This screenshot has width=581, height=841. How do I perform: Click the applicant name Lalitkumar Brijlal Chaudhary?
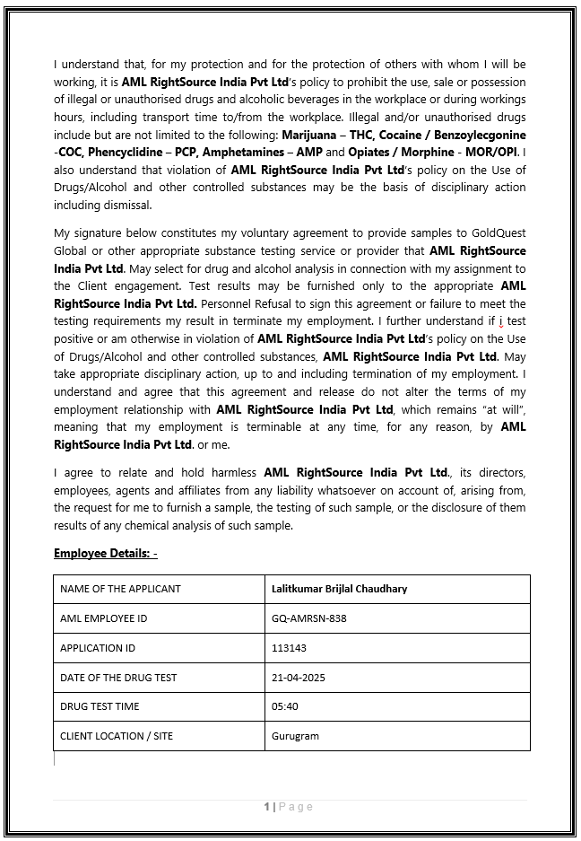339,589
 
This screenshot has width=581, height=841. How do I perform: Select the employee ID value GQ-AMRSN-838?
308,618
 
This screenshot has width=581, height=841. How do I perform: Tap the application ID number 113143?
289,648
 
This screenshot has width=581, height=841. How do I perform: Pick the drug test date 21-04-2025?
298,678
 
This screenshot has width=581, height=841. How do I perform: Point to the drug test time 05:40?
284,706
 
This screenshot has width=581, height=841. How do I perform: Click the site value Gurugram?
295,736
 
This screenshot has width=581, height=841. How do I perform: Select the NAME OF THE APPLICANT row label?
120,589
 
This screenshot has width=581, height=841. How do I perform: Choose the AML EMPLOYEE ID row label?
103,618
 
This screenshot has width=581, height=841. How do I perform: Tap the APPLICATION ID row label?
98,648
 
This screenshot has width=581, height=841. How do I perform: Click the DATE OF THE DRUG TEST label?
118,678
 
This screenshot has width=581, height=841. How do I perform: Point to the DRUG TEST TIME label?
100,706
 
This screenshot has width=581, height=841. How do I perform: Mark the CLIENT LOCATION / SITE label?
117,736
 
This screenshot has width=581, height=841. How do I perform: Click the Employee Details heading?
105,553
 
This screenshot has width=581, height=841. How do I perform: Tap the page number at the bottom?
267,807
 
